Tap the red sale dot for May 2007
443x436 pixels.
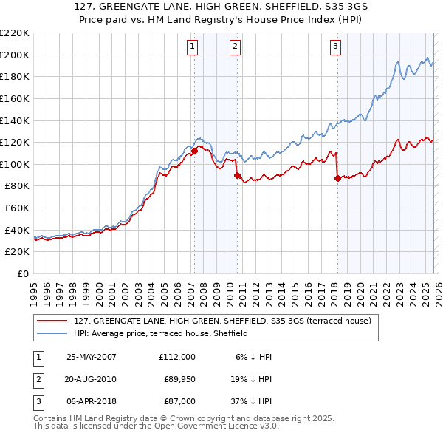pyautogui.click(x=194, y=151)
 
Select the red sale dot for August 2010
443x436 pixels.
pyautogui.click(x=237, y=175)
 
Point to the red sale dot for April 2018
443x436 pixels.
pyautogui.click(x=337, y=178)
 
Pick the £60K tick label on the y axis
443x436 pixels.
pyautogui.click(x=17, y=208)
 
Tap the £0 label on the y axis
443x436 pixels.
pyautogui.click(x=24, y=274)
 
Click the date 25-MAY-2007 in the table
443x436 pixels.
pyautogui.click(x=92, y=357)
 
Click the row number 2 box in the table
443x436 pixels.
pyautogui.click(x=36, y=379)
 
